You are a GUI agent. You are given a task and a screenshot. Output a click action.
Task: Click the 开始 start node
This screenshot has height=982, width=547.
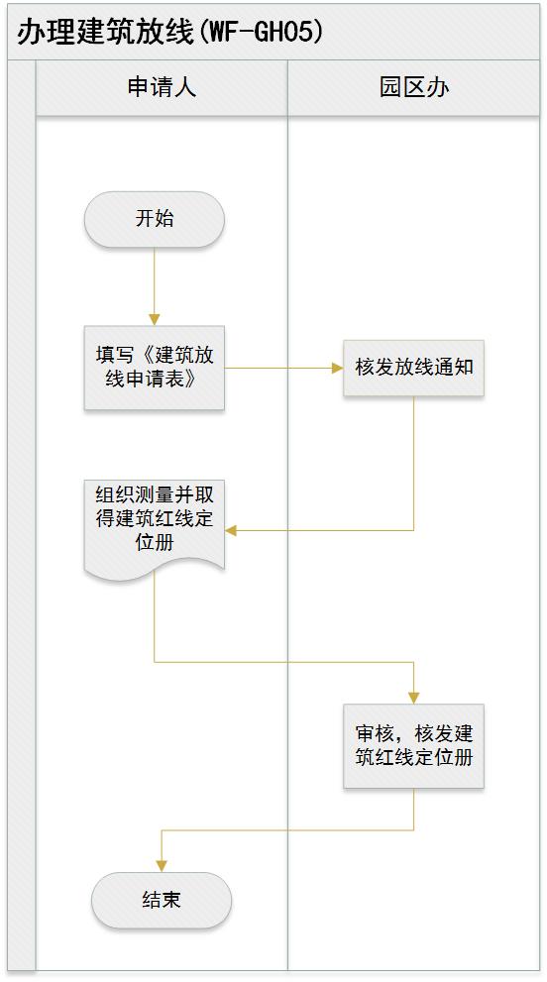155,219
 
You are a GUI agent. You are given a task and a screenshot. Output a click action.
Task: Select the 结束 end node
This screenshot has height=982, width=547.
162,900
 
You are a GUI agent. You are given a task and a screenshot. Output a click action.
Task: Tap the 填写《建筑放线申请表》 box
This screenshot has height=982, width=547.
155,368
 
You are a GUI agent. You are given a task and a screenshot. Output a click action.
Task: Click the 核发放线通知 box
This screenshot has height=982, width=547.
413,368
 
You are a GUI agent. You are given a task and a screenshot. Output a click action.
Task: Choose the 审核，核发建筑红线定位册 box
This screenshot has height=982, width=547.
413,745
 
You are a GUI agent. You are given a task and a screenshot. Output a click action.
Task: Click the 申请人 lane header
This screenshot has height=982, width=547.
162,87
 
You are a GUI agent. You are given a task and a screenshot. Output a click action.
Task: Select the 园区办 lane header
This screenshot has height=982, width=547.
413,87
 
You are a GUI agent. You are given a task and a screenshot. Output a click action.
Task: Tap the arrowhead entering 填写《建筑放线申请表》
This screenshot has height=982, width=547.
155,319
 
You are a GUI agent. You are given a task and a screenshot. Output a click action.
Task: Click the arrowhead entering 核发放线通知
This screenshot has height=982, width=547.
337,368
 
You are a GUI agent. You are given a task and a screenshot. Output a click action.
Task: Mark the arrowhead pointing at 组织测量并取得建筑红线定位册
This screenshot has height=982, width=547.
231,530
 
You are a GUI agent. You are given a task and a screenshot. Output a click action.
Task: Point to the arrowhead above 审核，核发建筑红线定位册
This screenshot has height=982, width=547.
413,698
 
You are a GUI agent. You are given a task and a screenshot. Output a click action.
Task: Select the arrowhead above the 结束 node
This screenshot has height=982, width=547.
162,867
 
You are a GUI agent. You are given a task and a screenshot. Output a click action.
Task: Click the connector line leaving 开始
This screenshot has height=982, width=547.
155,280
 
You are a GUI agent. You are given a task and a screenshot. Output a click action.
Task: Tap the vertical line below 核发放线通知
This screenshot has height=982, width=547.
413,463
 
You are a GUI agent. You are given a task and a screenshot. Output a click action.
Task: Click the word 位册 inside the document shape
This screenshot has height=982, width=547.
155,542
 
